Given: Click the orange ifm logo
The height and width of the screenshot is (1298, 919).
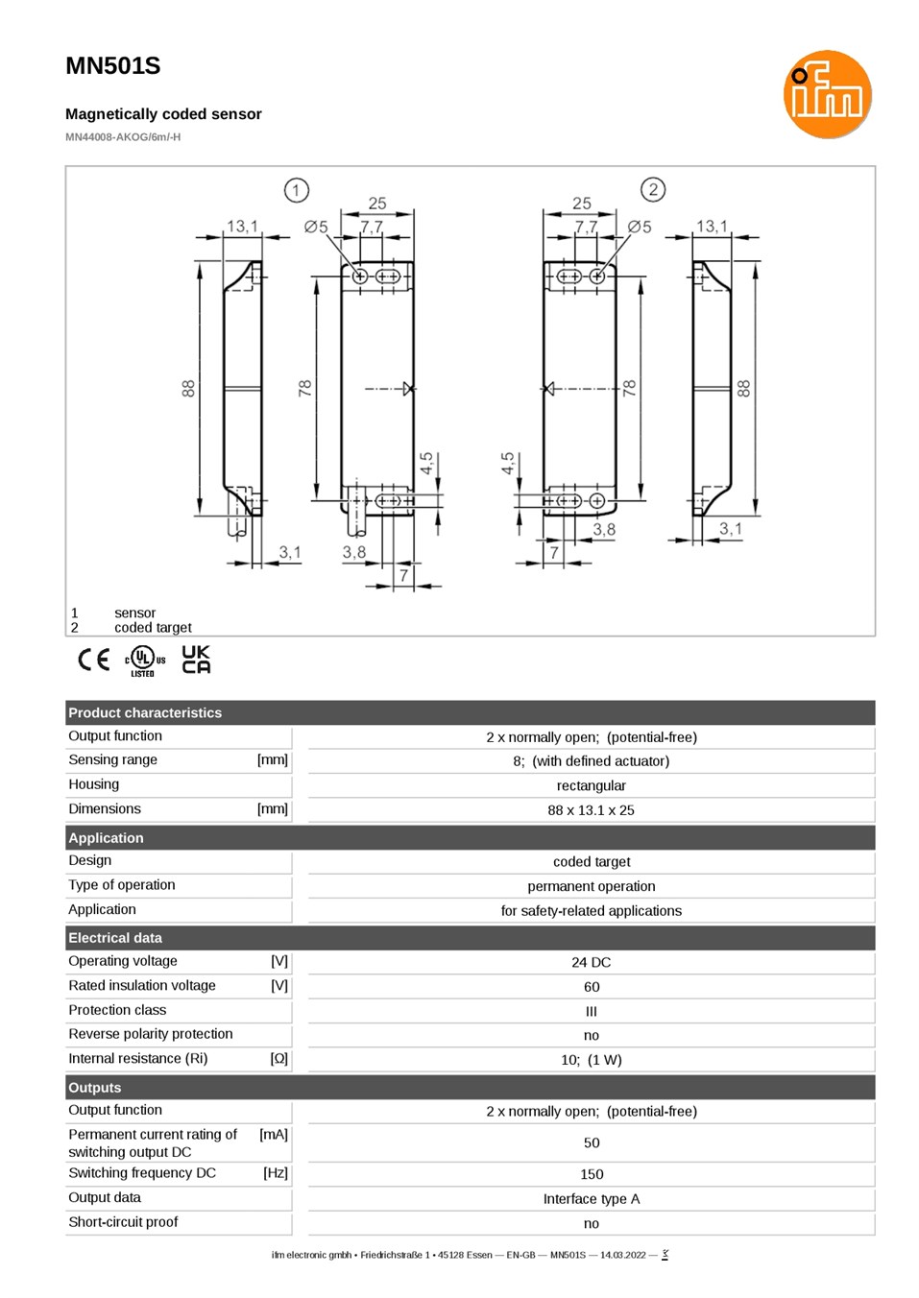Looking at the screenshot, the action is click(827, 94).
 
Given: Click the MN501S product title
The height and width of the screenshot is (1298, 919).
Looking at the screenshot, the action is click(113, 66).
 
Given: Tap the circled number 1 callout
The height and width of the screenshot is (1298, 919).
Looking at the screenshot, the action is click(296, 190).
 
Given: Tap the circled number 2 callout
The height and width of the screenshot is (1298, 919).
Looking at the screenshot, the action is click(653, 189).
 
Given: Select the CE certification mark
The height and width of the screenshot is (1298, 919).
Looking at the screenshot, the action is click(93, 660).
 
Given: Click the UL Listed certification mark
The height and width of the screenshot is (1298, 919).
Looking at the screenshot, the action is click(145, 661).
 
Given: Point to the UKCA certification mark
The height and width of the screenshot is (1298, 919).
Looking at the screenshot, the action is click(197, 660).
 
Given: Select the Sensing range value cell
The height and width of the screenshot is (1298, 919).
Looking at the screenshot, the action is click(591, 760).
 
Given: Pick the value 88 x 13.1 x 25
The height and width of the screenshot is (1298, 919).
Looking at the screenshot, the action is click(591, 810).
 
